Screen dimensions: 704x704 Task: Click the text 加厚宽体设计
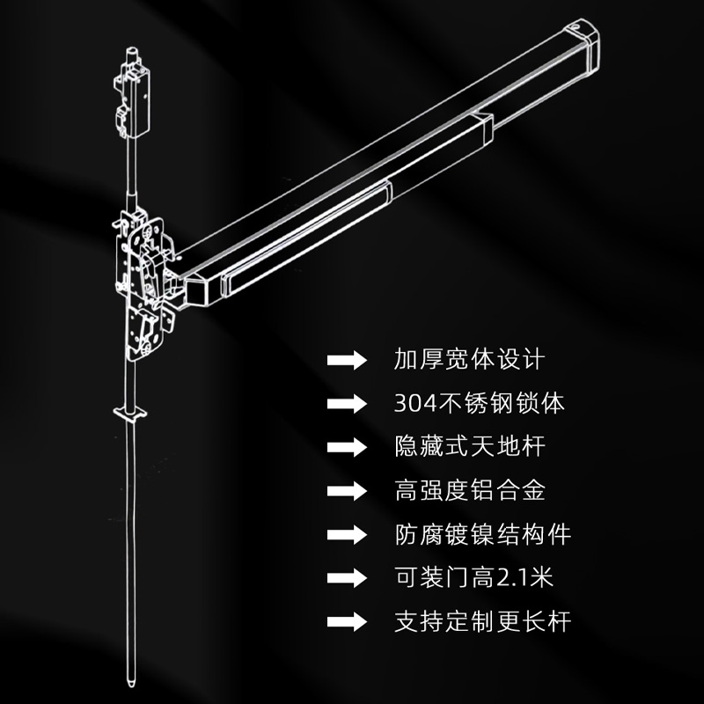tap(469, 360)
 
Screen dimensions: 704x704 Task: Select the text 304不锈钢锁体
tap(479, 403)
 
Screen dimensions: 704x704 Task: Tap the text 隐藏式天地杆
tap(470, 446)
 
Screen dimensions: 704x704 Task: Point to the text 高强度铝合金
tap(470, 490)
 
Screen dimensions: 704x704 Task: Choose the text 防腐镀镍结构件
tap(482, 534)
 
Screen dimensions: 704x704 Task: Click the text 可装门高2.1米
tap(473, 577)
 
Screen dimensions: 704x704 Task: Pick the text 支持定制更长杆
tap(482, 621)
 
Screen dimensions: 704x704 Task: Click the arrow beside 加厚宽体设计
tap(347, 360)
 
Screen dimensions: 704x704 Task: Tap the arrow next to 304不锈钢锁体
tap(347, 403)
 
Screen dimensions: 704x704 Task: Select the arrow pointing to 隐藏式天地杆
tap(347, 447)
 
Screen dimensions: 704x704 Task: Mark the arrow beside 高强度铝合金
tap(347, 490)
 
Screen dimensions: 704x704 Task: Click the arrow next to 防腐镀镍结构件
tap(347, 534)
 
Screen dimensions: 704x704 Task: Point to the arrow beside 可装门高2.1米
tap(347, 578)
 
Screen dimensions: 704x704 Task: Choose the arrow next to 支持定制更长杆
tap(347, 622)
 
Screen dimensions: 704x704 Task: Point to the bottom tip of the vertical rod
tap(130, 685)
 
